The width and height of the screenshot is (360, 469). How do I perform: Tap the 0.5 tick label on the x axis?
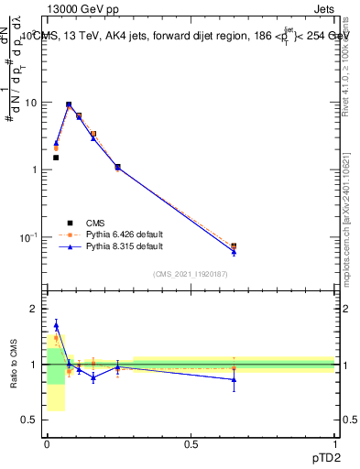pos(191,443)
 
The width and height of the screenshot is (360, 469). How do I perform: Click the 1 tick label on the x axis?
pos(334,443)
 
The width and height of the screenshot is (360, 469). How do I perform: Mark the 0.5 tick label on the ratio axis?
pos(29,420)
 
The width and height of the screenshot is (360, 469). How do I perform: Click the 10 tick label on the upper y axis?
pos(29,103)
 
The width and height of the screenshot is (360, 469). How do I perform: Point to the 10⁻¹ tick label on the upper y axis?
pos(27,237)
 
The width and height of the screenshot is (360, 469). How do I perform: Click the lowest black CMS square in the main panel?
pos(56,158)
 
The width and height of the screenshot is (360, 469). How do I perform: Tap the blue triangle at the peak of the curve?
pos(69,105)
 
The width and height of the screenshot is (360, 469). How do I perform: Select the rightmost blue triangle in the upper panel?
pos(234,251)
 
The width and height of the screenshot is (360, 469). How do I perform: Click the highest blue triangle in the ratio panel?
pos(56,324)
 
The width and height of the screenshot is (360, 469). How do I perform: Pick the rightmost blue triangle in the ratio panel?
pos(234,379)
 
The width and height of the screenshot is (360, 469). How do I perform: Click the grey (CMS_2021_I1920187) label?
pos(191,275)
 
